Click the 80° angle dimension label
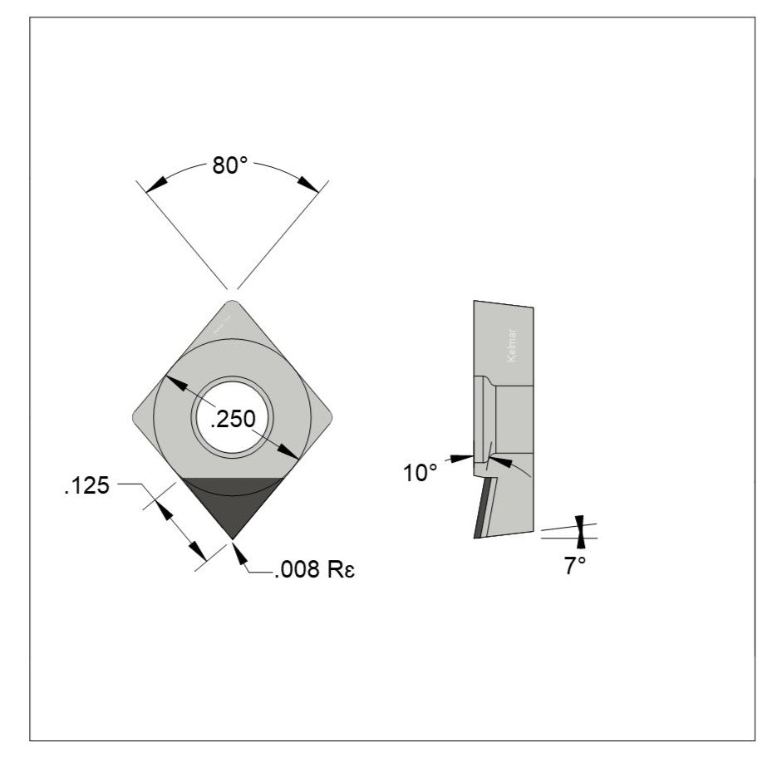point(230,165)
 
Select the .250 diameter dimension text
point(232,420)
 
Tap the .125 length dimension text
point(86,485)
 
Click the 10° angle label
point(420,473)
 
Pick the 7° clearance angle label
point(575,567)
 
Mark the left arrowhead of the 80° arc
point(154,185)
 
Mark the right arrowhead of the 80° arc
point(309,184)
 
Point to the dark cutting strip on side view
point(481,509)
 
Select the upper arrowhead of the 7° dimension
point(580,523)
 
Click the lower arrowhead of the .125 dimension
point(198,552)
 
